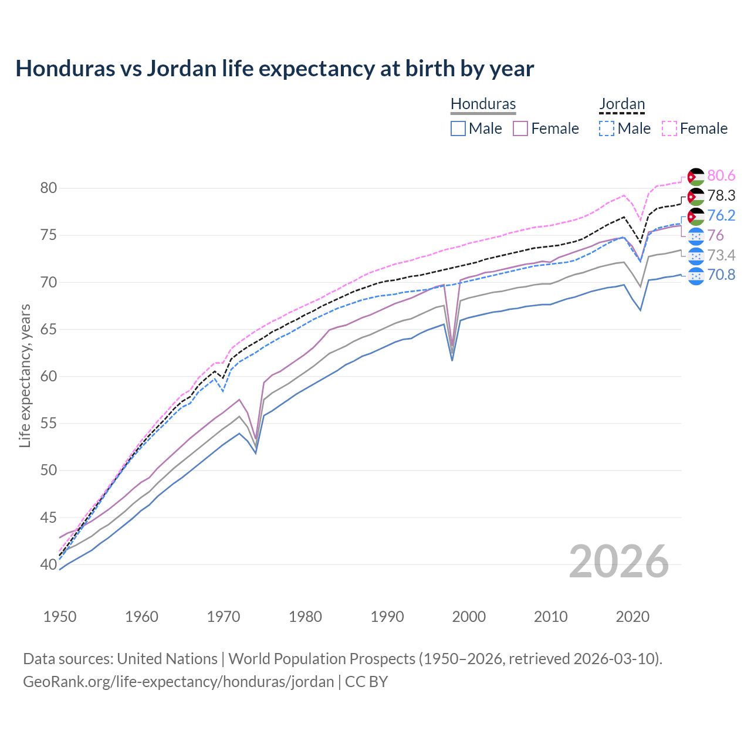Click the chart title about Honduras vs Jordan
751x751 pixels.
[x=275, y=69]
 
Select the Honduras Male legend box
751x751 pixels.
[x=458, y=128]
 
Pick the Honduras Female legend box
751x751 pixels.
[x=520, y=128]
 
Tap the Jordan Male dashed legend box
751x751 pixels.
[x=607, y=128]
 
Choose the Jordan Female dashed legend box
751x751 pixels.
[x=669, y=128]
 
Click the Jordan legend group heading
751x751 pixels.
[x=622, y=104]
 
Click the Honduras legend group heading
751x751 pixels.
[x=483, y=104]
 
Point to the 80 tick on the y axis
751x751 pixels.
[x=48, y=188]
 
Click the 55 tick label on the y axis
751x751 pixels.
[x=48, y=424]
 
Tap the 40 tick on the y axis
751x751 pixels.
[x=48, y=564]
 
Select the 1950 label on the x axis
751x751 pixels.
[x=60, y=617]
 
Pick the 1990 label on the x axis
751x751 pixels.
[x=387, y=617]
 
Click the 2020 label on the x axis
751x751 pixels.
[x=632, y=617]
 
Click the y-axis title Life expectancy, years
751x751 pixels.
[x=25, y=375]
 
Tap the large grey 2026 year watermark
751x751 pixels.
[x=618, y=561]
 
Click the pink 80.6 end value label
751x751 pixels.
[x=721, y=176]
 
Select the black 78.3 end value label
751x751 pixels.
[x=721, y=196]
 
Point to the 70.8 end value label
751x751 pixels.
[x=721, y=275]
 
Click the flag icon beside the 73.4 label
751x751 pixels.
[x=696, y=256]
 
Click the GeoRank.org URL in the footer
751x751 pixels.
[x=178, y=682]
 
